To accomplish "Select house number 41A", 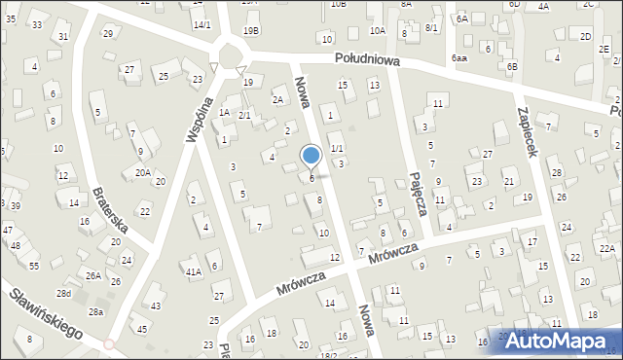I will (194, 271).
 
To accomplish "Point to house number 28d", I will (64, 293).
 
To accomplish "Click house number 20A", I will (143, 172).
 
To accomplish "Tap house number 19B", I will (251, 30).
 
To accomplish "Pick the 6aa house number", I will (459, 58).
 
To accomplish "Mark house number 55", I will (34, 266).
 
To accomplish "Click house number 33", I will (37, 24).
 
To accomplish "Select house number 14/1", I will (202, 24).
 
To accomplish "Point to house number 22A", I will (606, 249).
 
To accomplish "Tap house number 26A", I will (92, 275).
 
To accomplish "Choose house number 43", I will (157, 306).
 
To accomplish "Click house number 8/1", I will (432, 29).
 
